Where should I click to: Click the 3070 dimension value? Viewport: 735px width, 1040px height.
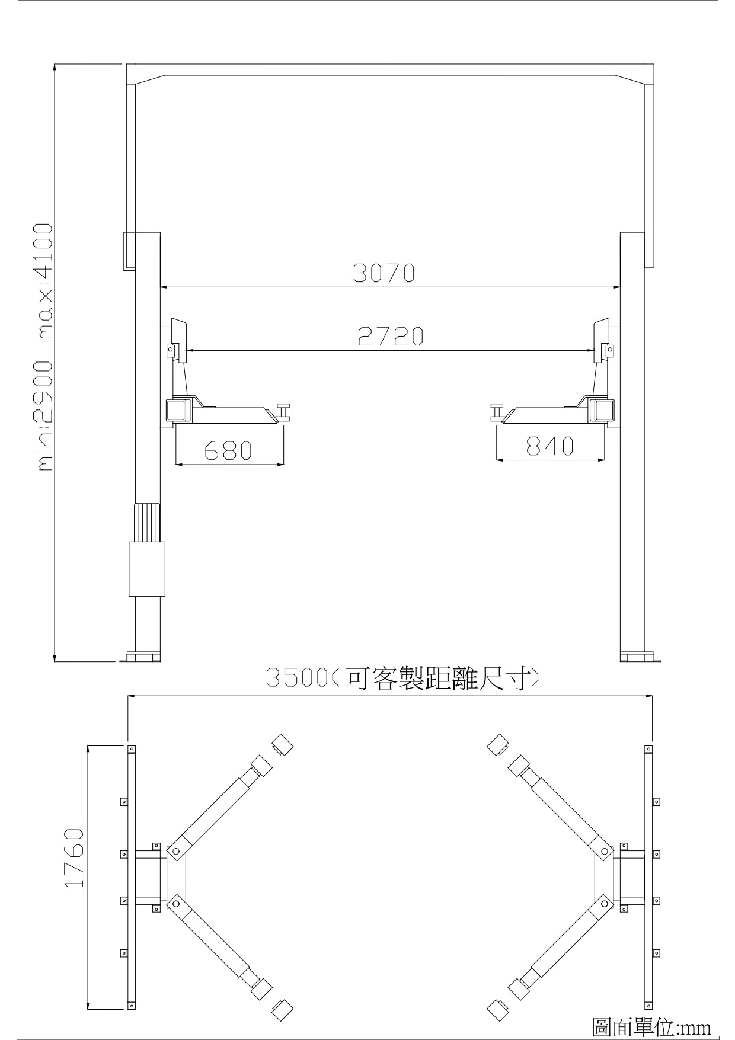[384, 273]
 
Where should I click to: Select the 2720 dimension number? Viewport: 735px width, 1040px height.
[391, 337]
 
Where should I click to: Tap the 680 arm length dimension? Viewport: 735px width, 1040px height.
[228, 450]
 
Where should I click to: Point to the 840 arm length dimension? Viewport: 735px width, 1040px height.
[550, 446]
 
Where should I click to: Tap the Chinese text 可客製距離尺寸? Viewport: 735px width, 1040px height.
[435, 677]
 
